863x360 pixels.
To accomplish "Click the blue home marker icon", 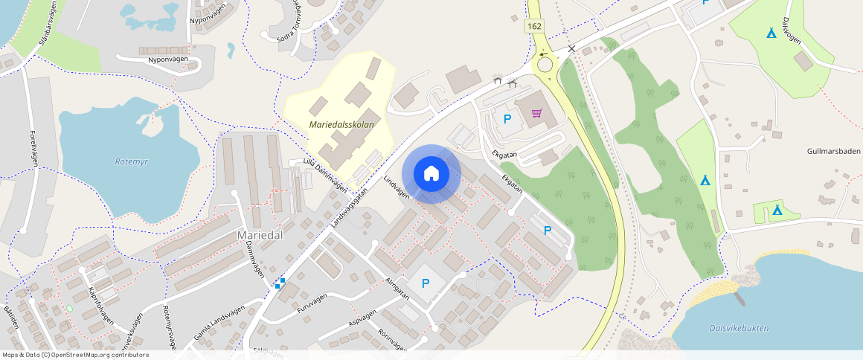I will pos(431,173).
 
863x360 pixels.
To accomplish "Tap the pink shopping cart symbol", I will pos(536,113).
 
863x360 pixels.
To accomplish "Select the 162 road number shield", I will pos(534,26).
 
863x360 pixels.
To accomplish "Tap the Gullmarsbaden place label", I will pos(833,151).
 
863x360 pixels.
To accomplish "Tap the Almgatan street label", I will pos(398,290).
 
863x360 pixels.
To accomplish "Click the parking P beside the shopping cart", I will pos(508,119).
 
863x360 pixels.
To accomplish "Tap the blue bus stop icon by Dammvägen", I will pos(280,283).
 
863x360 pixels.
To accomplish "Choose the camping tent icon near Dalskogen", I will pos(771,33).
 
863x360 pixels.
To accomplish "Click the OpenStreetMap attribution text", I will pos(75,355).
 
